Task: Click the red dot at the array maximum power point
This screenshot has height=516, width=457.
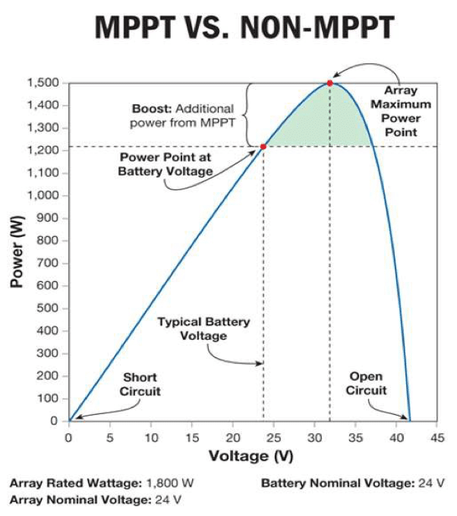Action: pos(329,82)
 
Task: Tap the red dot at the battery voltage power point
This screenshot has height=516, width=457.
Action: pos(263,146)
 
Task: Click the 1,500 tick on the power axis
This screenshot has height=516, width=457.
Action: pos(44,82)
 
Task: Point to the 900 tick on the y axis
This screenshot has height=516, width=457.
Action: pos(49,218)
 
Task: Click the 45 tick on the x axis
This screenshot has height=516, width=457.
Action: pos(437,438)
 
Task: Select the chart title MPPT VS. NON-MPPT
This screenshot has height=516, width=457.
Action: pos(244,30)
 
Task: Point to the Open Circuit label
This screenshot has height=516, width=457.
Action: pos(366,383)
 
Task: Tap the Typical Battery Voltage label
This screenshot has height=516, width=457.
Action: pos(203,328)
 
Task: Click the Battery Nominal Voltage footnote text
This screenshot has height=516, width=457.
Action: pos(352,483)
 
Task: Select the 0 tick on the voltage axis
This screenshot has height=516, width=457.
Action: pos(68,438)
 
